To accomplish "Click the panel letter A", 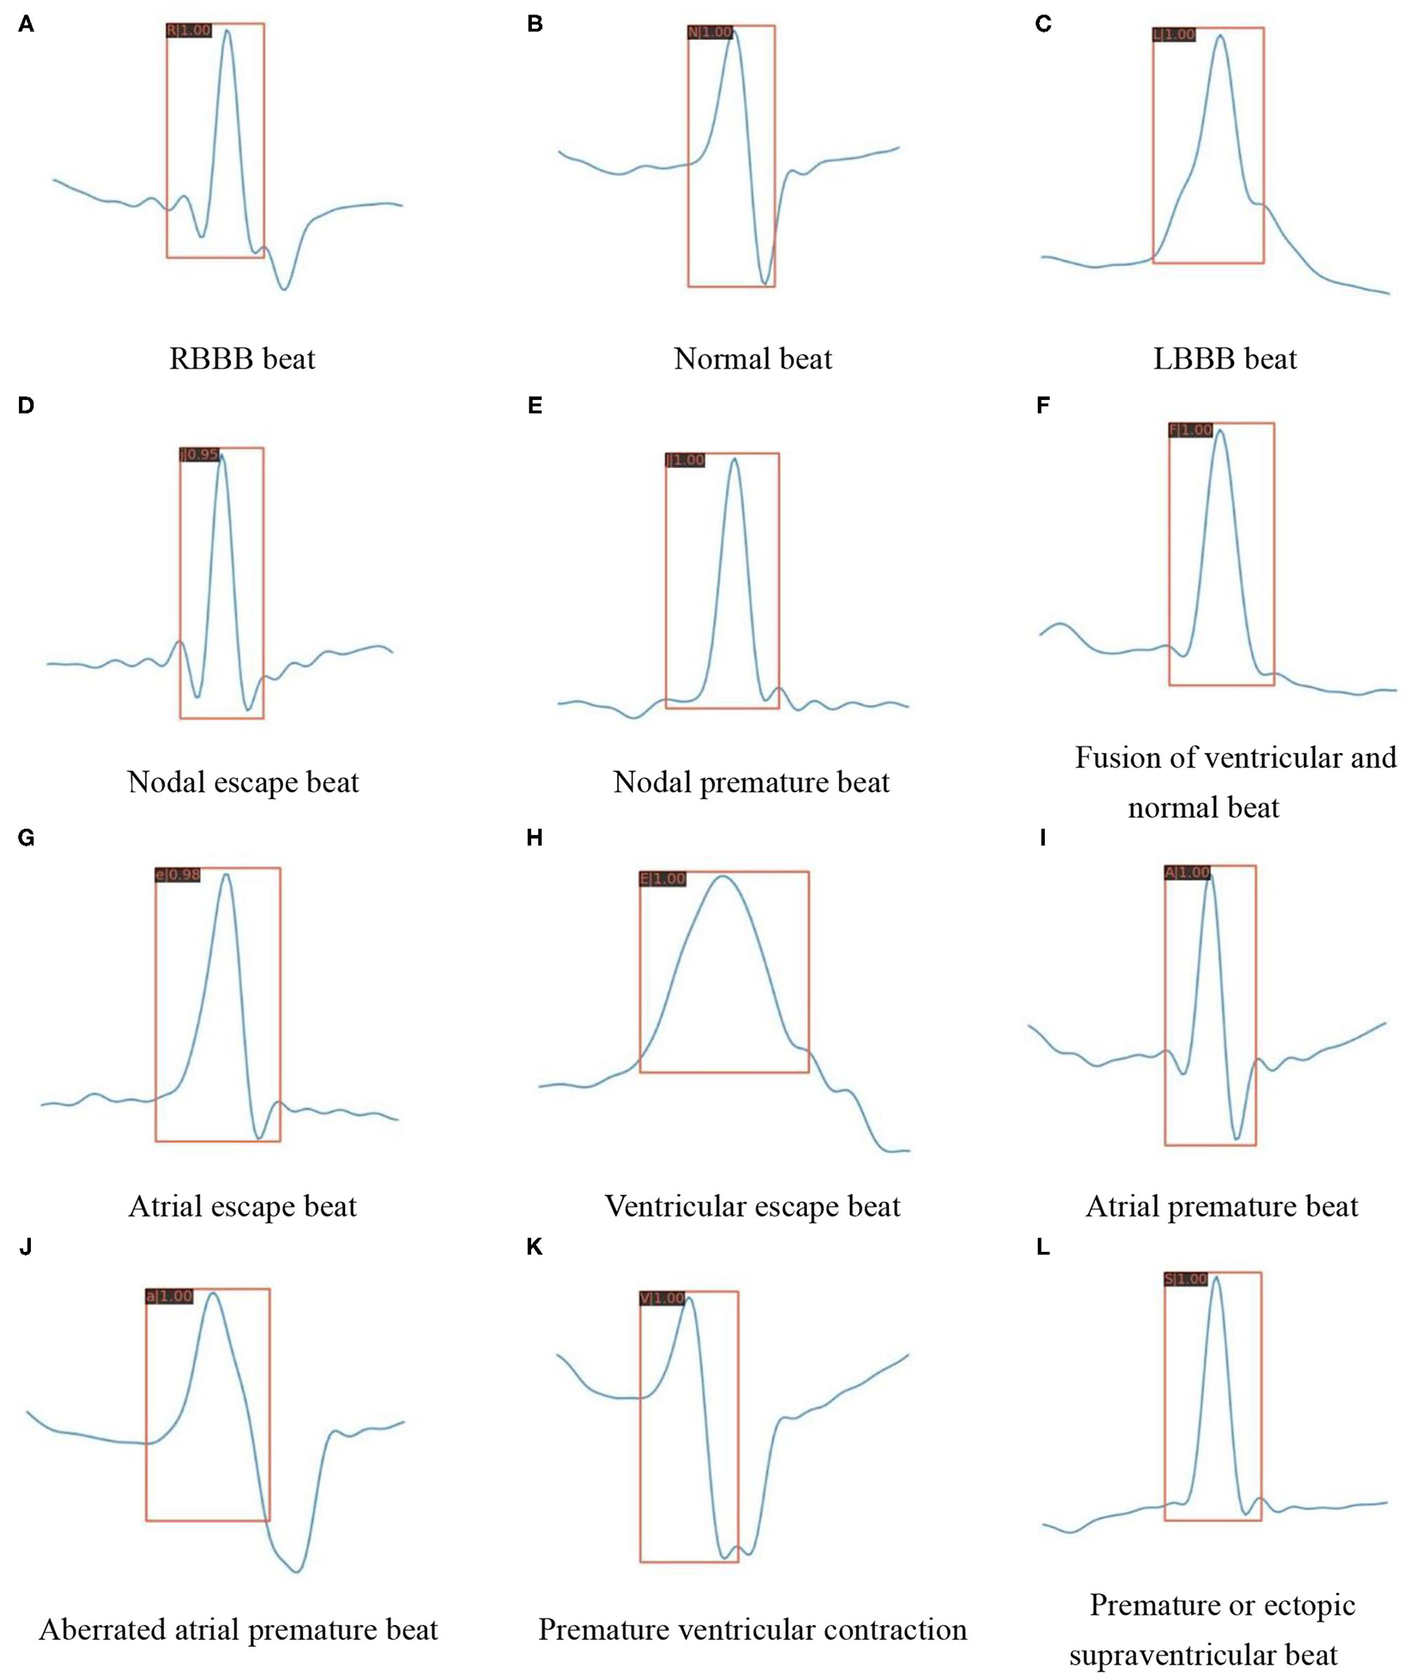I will pyautogui.click(x=26, y=25).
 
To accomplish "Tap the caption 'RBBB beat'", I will pyautogui.click(x=242, y=359).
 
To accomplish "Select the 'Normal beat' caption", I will pyautogui.click(x=752, y=359).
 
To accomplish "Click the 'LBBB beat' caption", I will pyautogui.click(x=1225, y=359).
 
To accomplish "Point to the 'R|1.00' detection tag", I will pyautogui.click(x=188, y=31).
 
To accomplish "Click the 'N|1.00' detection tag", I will pyautogui.click(x=709, y=33).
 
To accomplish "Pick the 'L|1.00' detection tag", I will pyautogui.click(x=1174, y=35).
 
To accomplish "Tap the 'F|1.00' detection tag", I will pyautogui.click(x=1190, y=430).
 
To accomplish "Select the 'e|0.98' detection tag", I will pyautogui.click(x=177, y=876).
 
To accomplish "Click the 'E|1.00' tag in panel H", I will pyautogui.click(x=663, y=879).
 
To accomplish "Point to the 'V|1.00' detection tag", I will pyautogui.click(x=662, y=1299).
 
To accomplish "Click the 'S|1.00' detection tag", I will pyautogui.click(x=1186, y=1280).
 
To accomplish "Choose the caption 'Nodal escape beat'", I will pyautogui.click(x=243, y=781).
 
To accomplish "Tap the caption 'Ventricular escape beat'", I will pyautogui.click(x=752, y=1205).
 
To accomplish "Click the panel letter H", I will pyautogui.click(x=534, y=838).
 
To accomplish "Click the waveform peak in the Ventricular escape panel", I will pyautogui.click(x=723, y=876).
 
